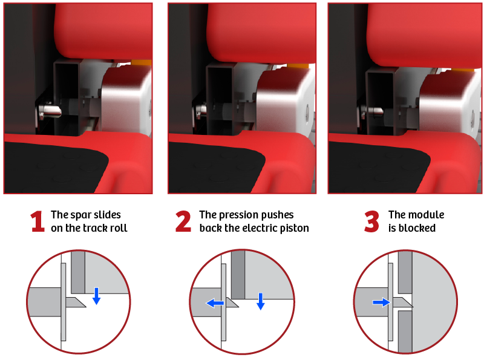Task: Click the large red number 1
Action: (38, 221)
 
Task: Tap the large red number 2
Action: (183, 221)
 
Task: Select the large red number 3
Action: (371, 221)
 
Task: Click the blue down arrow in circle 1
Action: (97, 296)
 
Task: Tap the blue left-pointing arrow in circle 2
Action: (215, 303)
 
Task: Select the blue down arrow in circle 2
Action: (261, 301)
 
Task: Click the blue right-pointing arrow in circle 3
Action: (382, 303)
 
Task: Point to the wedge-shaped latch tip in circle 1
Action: (76, 303)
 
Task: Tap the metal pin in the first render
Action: (50, 111)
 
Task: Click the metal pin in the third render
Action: (372, 111)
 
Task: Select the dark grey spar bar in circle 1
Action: (78, 272)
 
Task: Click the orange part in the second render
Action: (298, 66)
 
